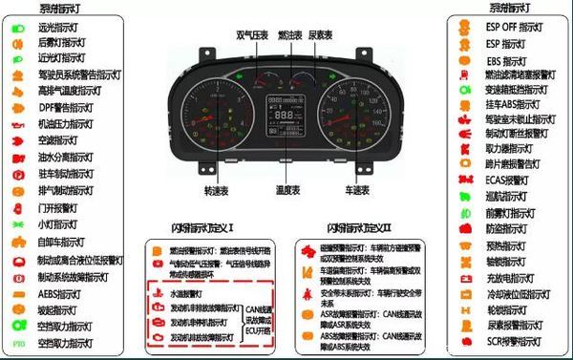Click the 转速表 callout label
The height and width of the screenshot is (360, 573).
pyautogui.click(x=217, y=190)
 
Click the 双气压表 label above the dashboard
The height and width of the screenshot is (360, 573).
pyautogui.click(x=250, y=34)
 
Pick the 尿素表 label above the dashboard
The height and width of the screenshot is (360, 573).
pyautogui.click(x=322, y=34)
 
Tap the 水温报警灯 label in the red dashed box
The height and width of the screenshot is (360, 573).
pyautogui.click(x=191, y=295)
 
